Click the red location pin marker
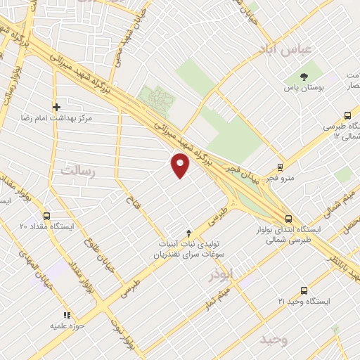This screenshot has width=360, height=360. pos(181,165)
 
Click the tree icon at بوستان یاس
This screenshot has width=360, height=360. pos(304,77)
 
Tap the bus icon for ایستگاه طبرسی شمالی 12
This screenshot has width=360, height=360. pos(347,116)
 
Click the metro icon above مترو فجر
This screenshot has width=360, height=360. pos(281,167)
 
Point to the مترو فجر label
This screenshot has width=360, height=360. pos(280,179)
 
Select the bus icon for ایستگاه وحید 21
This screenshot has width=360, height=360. pos(304,290)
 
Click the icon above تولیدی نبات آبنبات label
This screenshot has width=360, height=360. pos(188,233)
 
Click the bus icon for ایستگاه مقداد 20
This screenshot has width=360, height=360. pos(46,216)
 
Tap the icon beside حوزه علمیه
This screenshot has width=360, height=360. pos(67,316)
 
